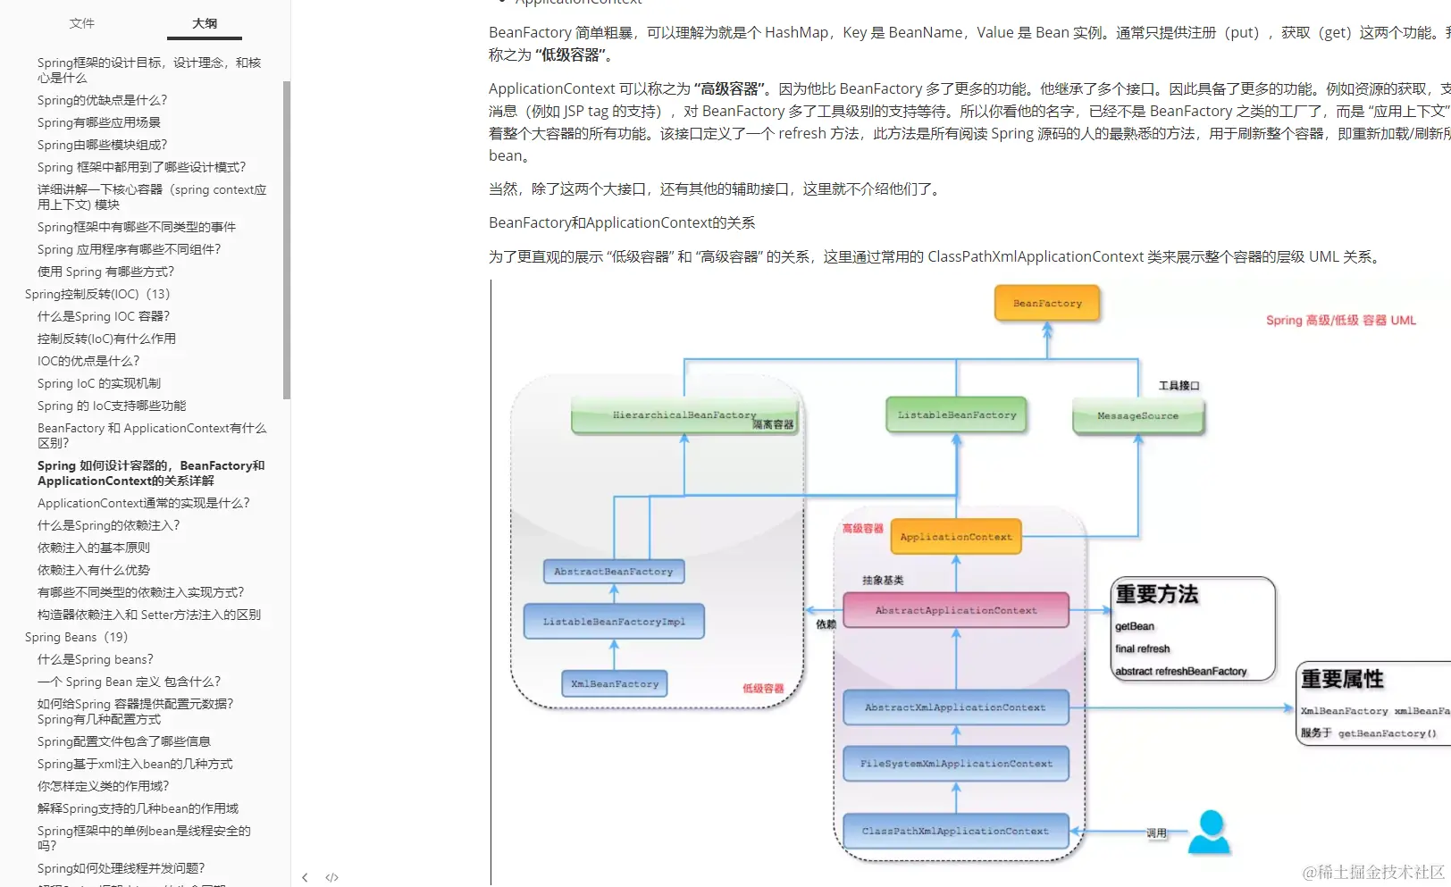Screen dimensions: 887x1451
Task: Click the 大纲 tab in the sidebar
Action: [205, 23]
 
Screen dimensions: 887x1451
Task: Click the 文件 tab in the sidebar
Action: [81, 23]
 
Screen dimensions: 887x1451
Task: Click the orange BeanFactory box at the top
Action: [1047, 304]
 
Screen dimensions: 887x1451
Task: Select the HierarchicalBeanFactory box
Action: [684, 415]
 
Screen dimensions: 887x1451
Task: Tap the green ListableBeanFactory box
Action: [957, 415]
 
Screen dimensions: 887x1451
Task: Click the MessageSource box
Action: [1137, 416]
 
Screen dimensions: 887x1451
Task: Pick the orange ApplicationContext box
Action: [956, 537]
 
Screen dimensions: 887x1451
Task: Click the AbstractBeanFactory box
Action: [613, 572]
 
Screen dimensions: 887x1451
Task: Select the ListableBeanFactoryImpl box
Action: [614, 622]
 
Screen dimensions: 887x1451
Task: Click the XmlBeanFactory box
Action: [615, 684]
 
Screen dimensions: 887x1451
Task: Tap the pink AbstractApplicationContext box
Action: [956, 610]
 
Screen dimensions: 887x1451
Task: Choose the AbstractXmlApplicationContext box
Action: [955, 707]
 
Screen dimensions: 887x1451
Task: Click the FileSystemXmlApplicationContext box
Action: [956, 764]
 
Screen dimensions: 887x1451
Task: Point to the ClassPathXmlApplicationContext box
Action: [955, 831]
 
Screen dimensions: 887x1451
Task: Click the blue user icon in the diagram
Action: [1210, 833]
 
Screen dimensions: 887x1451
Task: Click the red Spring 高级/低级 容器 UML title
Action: [1340, 320]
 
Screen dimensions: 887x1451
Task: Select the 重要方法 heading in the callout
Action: [1157, 594]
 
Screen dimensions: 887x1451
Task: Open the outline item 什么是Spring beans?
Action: [96, 659]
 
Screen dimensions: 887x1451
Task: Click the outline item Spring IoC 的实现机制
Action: [99, 383]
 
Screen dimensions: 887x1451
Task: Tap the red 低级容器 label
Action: [763, 689]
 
